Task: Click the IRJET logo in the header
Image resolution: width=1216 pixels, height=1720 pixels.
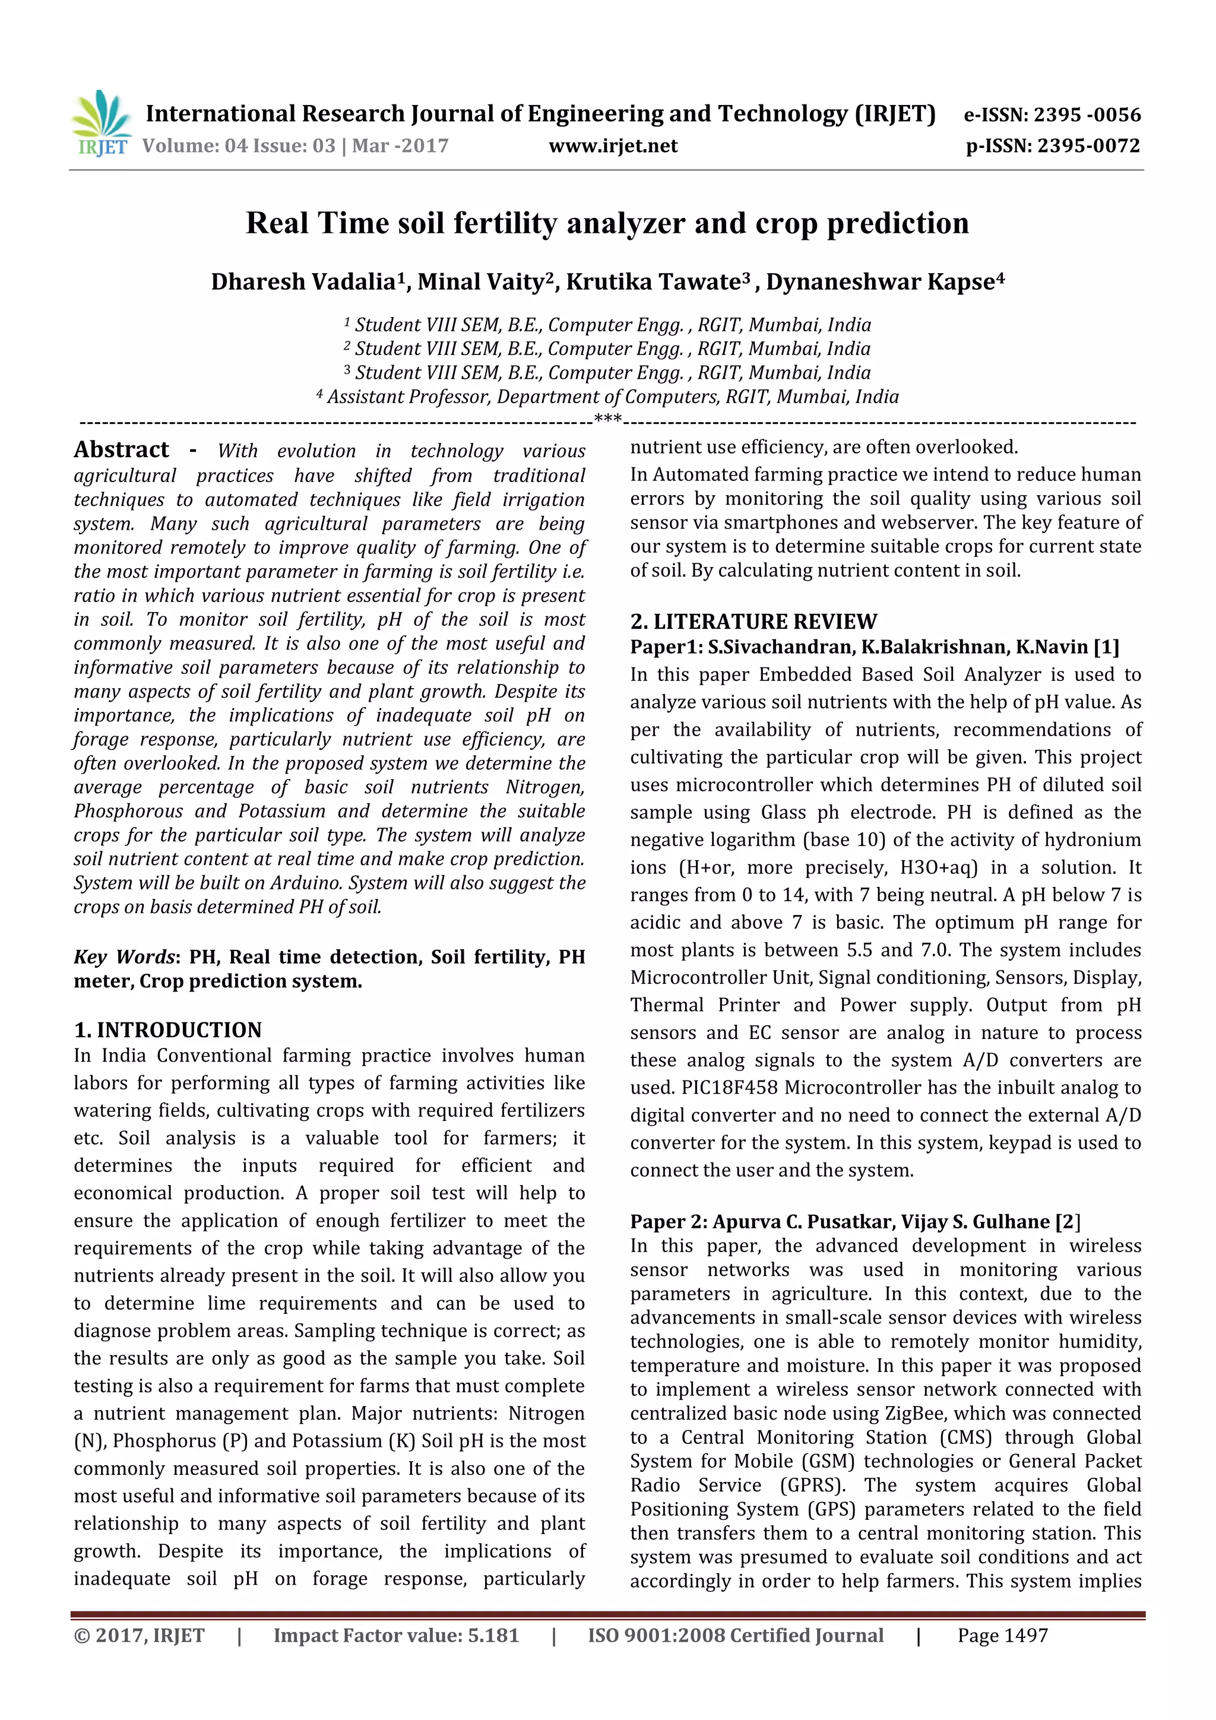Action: point(100,123)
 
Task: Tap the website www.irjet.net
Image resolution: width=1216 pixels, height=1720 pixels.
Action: point(613,146)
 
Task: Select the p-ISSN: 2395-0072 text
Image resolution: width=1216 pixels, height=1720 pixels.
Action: point(1053,146)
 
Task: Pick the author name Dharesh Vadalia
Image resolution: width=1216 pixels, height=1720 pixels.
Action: point(303,283)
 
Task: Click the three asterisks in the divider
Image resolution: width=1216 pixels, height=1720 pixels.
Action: point(607,419)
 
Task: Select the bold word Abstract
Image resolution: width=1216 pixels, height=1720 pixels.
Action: point(121,449)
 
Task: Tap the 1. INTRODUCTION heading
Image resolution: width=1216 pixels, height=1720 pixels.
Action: point(168,1030)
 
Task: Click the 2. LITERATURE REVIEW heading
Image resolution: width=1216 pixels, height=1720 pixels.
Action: point(753,622)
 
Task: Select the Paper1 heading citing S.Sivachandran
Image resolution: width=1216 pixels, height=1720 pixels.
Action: point(873,647)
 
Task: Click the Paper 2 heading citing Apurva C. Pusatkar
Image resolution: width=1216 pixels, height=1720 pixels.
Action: point(854,1222)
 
